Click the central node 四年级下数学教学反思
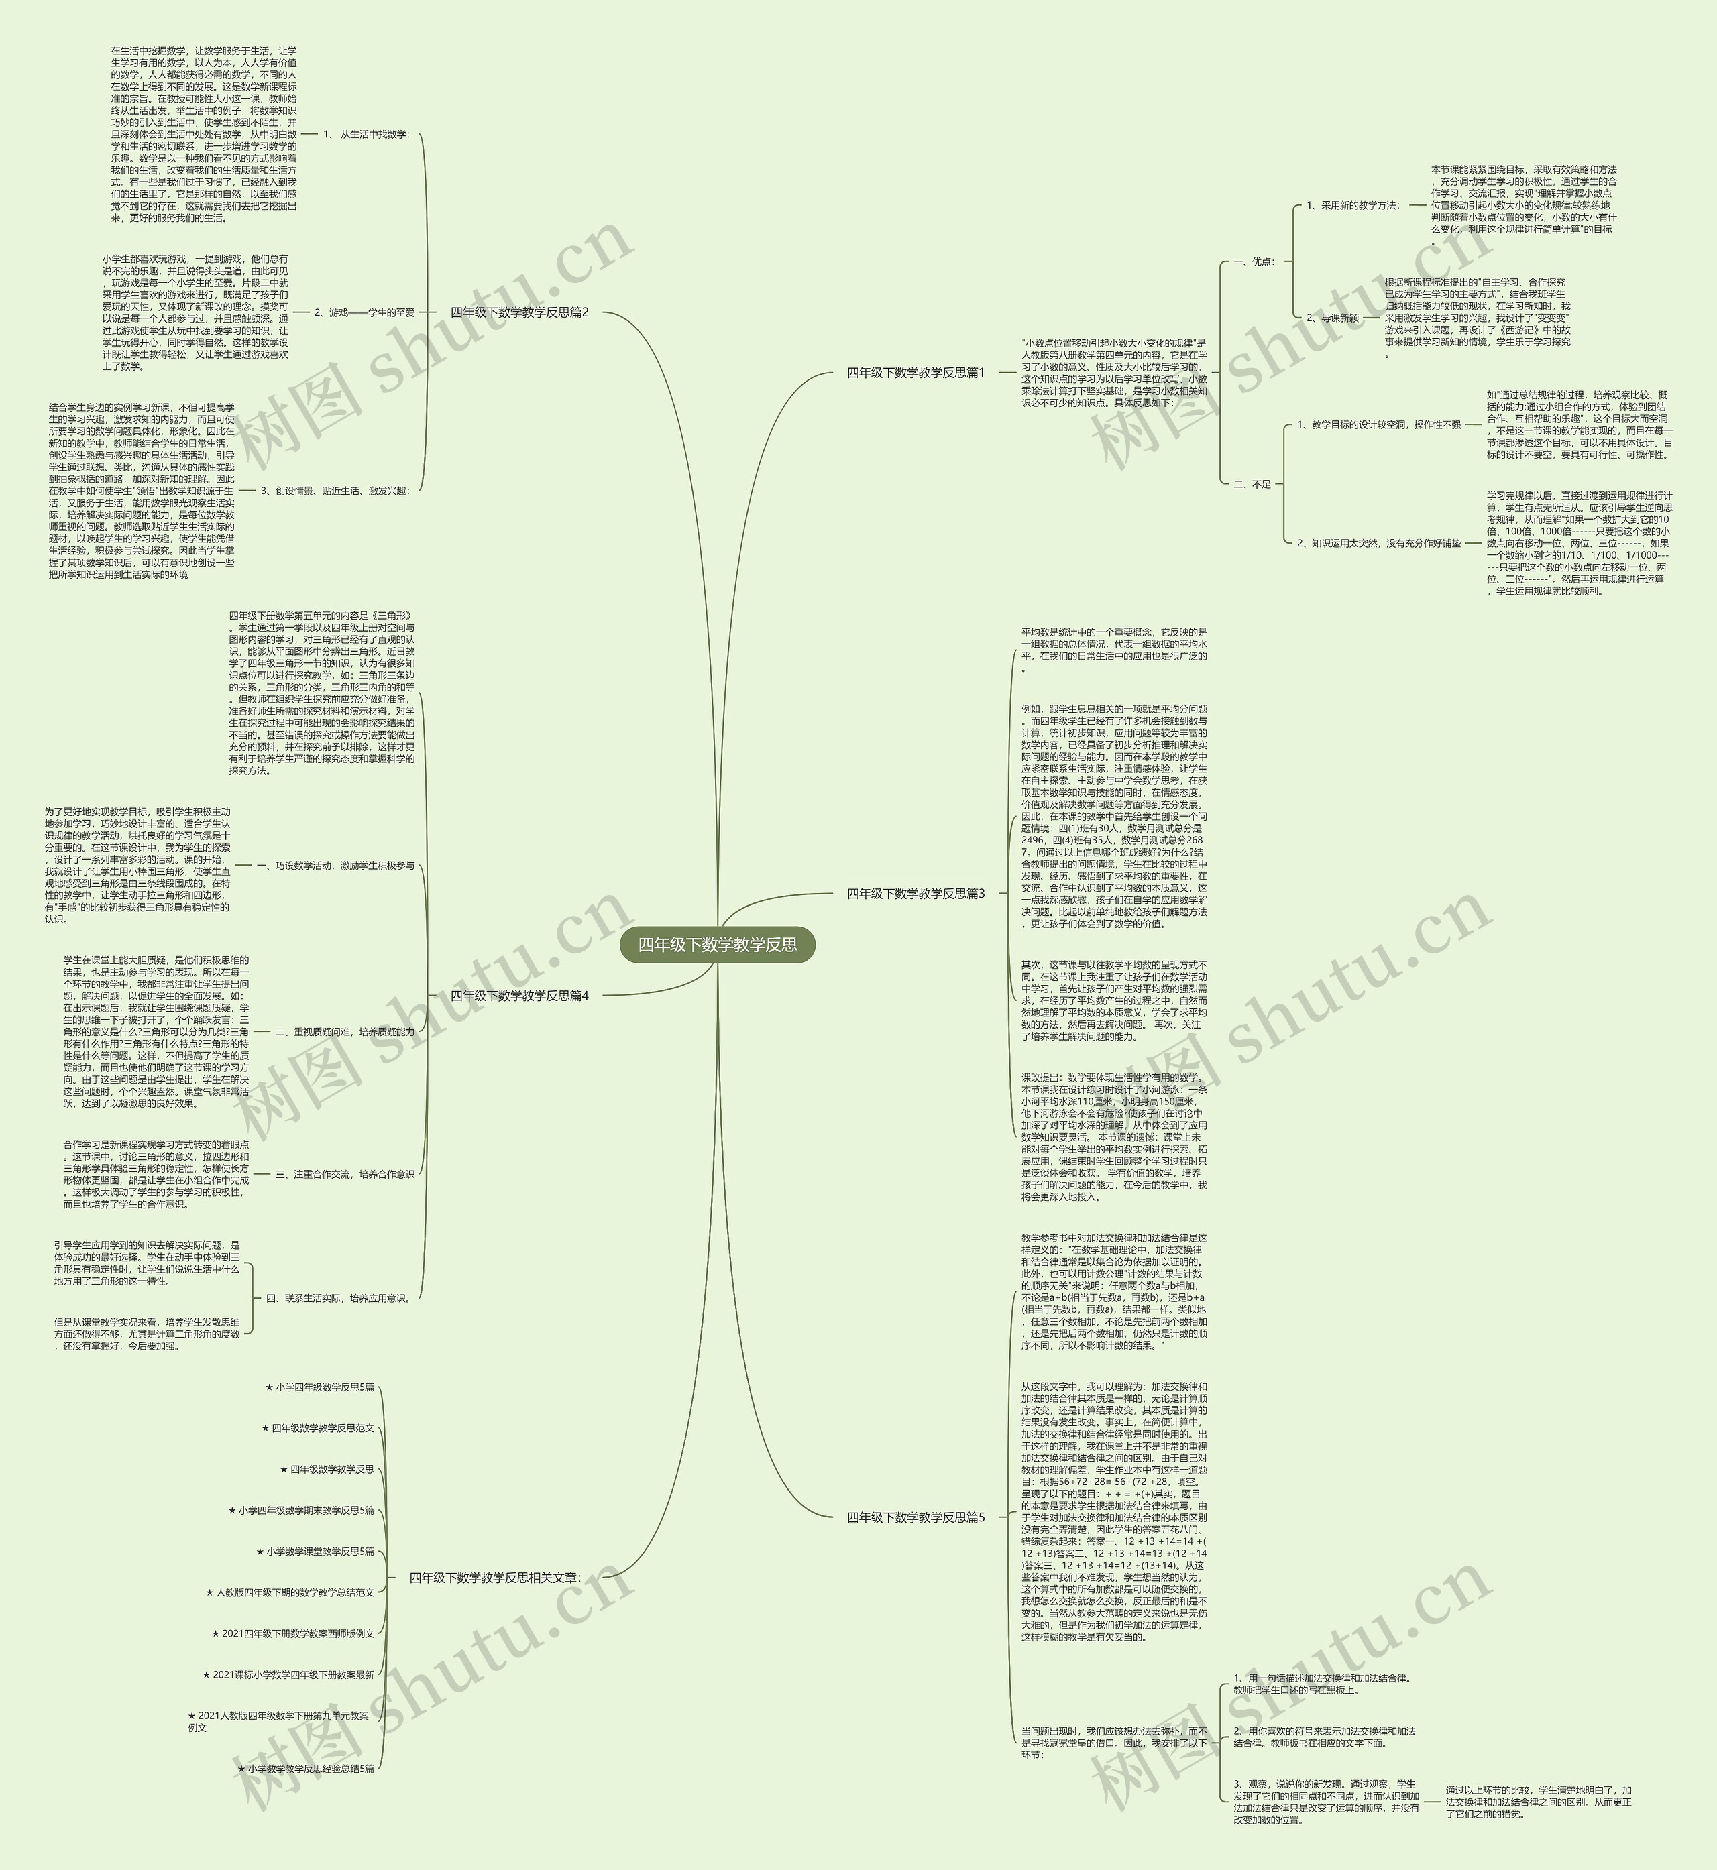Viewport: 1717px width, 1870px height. pyautogui.click(x=716, y=945)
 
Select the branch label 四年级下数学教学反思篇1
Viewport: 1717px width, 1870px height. pyautogui.click(x=916, y=373)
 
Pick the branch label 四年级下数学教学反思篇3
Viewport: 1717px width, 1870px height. pyautogui.click(x=916, y=894)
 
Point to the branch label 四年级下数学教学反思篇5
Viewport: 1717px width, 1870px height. pyautogui.click(x=916, y=1517)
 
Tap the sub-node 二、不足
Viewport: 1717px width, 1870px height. pyautogui.click(x=1252, y=484)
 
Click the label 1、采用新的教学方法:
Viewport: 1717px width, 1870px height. pyautogui.click(x=1353, y=205)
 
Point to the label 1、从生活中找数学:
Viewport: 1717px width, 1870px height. pyautogui.click(x=366, y=134)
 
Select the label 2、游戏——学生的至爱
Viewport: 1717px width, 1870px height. pyautogui.click(x=364, y=313)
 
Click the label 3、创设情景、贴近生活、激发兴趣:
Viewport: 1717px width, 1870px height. pyautogui.click(x=335, y=491)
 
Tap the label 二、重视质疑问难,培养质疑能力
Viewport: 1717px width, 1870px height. pyautogui.click(x=345, y=1031)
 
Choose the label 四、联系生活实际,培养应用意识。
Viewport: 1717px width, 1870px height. pyautogui.click(x=338, y=1298)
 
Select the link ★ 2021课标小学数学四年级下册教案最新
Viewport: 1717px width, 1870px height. pyautogui.click(x=288, y=1675)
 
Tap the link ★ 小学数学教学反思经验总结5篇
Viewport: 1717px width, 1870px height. pyautogui.click(x=306, y=1769)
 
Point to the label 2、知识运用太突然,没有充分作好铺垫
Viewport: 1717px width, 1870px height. pyautogui.click(x=1379, y=544)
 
